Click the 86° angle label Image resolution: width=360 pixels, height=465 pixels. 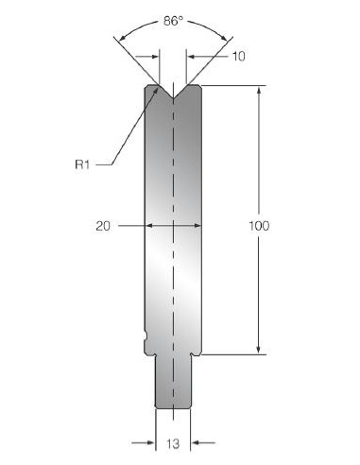point(173,22)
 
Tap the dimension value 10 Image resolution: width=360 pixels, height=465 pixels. point(238,57)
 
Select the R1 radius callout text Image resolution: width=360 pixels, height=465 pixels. point(82,164)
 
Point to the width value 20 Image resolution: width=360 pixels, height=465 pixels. point(103,226)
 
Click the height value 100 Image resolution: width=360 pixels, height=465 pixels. point(259,226)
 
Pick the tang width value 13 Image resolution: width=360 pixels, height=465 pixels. point(173,443)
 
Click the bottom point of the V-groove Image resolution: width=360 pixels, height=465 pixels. point(173,98)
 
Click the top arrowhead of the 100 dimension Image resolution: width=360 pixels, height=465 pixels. point(259,90)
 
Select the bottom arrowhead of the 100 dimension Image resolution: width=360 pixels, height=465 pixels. point(259,350)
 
